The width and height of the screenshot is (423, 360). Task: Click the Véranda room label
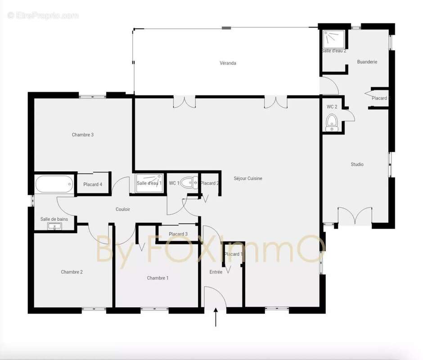[x=228, y=63]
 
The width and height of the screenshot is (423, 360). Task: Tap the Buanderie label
[x=367, y=62]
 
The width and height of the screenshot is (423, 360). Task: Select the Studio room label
[x=357, y=164]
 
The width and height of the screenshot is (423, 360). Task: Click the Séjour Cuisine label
[x=248, y=178]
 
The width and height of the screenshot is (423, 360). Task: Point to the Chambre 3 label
[x=82, y=135]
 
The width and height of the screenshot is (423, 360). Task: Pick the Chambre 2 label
[x=72, y=272]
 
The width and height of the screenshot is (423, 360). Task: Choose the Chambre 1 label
[x=157, y=278]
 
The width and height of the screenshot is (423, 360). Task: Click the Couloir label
[x=123, y=209]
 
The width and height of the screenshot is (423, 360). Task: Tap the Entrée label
[x=216, y=272]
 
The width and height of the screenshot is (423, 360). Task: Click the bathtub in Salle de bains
[x=54, y=184]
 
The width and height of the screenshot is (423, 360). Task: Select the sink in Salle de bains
[x=54, y=226]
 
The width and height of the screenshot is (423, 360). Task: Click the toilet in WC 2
[x=332, y=123]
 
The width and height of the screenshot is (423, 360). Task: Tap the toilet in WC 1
[x=189, y=183]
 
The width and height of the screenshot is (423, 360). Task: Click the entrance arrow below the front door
[x=216, y=317]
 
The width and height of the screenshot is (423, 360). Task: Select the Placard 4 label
[x=93, y=184]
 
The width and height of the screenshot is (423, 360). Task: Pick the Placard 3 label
[x=178, y=234]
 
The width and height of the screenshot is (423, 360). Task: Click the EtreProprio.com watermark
[x=43, y=16]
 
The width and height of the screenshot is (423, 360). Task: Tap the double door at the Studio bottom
[x=355, y=216]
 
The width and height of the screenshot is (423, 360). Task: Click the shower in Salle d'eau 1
[x=149, y=183]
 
